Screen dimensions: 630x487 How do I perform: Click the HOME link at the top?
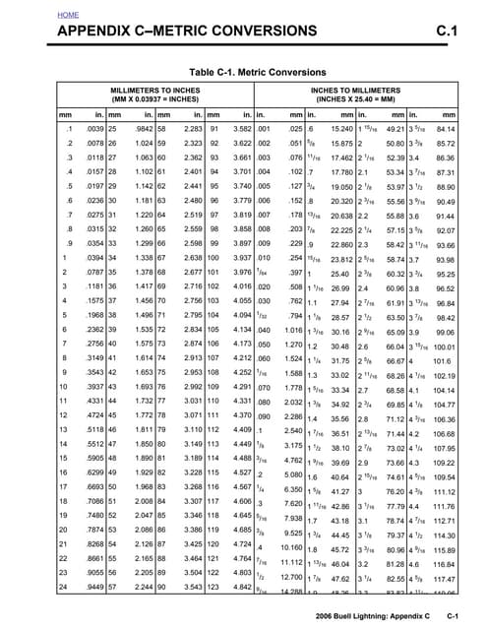pyautogui.click(x=69, y=17)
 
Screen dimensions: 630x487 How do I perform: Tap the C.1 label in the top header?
pyautogui.click(x=448, y=34)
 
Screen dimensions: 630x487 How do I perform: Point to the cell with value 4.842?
pyautogui.click(x=246, y=588)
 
